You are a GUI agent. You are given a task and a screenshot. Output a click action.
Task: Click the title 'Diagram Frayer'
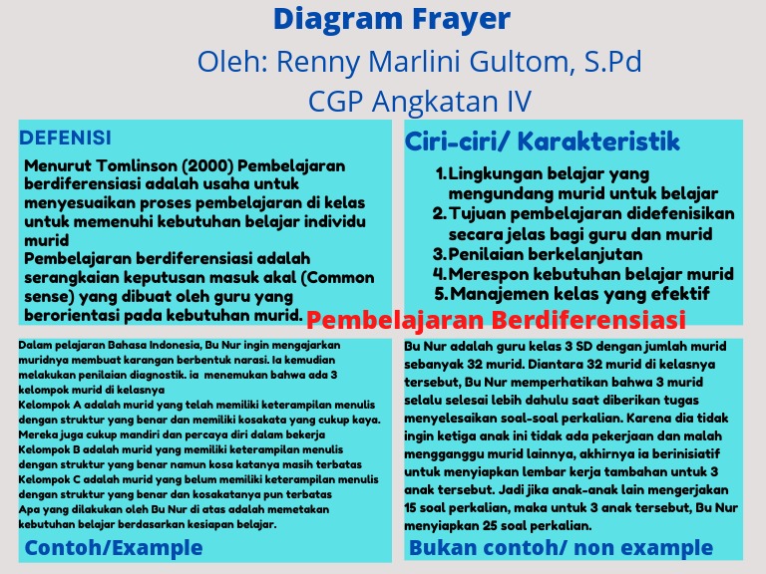pyautogui.click(x=391, y=19)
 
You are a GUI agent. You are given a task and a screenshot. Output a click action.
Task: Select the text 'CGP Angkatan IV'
pyautogui.click(x=419, y=102)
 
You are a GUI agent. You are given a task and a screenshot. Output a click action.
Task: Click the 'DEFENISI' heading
pyautogui.click(x=66, y=138)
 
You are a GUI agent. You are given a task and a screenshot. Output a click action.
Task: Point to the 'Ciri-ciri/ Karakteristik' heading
pyautogui.click(x=543, y=142)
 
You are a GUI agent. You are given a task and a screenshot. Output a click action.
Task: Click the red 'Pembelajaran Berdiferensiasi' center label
pyautogui.click(x=496, y=321)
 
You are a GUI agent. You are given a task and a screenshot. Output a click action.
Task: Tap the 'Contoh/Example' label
pyautogui.click(x=114, y=547)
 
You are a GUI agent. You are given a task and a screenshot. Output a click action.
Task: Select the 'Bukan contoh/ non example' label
pyautogui.click(x=562, y=547)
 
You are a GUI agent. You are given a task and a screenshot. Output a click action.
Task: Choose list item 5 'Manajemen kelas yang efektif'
pyautogui.click(x=578, y=293)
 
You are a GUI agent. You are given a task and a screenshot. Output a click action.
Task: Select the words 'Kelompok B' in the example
pyautogui.click(x=47, y=448)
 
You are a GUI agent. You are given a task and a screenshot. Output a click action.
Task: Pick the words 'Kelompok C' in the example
pyautogui.click(x=47, y=480)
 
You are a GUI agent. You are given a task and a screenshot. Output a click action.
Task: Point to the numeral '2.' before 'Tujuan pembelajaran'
pyautogui.click(x=439, y=214)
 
